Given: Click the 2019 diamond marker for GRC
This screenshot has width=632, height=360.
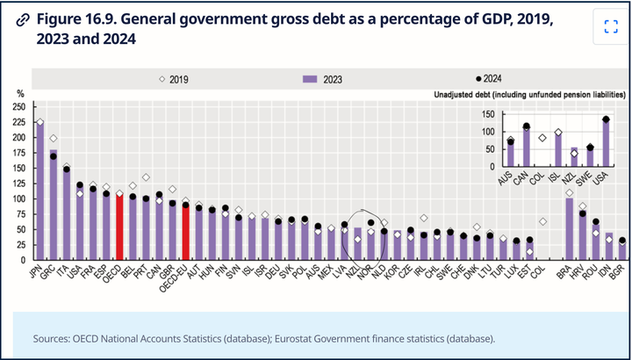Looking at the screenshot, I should click(53, 139).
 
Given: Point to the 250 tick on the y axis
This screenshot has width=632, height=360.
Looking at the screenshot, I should click(18, 106).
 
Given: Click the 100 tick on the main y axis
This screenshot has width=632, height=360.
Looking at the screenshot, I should click(18, 198).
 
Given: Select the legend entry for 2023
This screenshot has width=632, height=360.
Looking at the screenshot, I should click(327, 79).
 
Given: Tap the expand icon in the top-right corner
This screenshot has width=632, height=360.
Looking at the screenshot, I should click(611, 26).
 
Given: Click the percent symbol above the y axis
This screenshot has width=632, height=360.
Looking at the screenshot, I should click(19, 93).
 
